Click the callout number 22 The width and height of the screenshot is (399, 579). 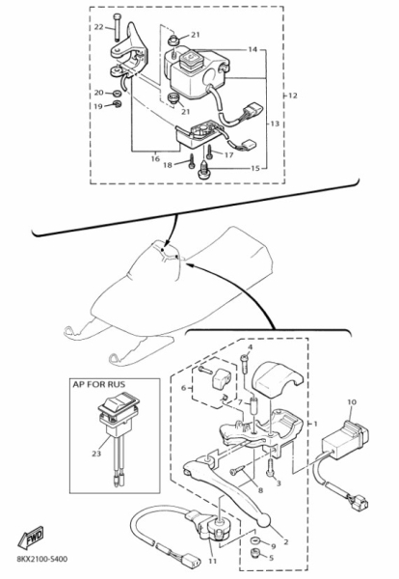click(x=99, y=27)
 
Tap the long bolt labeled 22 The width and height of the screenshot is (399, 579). click(x=117, y=27)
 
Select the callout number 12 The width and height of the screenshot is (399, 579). click(x=292, y=96)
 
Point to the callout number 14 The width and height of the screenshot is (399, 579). click(x=253, y=49)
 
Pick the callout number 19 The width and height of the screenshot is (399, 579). click(x=98, y=107)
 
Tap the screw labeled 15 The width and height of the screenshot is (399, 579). click(x=203, y=170)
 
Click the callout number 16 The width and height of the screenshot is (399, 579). click(x=155, y=159)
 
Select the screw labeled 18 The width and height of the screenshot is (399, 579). click(x=192, y=162)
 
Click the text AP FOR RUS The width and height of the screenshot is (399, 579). click(x=99, y=384)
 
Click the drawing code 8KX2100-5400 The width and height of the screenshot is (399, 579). click(x=42, y=559)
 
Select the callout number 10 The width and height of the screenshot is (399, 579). click(x=352, y=402)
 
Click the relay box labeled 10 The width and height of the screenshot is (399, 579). click(x=346, y=440)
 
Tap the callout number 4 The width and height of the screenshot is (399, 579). click(x=250, y=347)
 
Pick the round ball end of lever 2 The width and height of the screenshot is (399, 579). click(x=264, y=521)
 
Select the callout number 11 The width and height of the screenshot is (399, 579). click(x=212, y=562)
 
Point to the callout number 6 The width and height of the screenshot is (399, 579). click(x=184, y=388)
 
